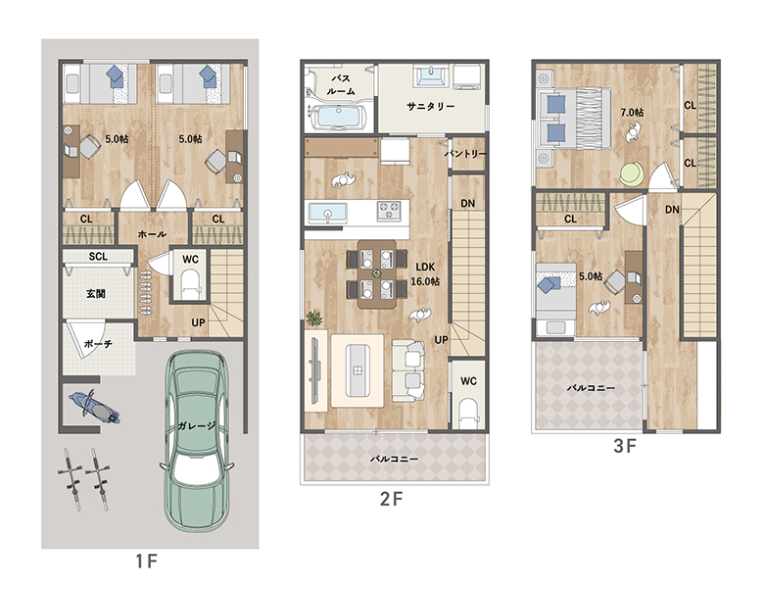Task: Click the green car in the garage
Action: [x=196, y=441]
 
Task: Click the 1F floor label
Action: [x=147, y=562]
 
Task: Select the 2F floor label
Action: [x=391, y=499]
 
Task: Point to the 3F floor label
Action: [x=625, y=446]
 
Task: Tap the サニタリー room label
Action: [x=431, y=106]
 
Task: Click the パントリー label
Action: [x=465, y=154]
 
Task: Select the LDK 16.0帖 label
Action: [x=425, y=274]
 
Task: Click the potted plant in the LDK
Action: [x=313, y=319]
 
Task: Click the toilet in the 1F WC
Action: [x=190, y=285]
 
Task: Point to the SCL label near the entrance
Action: [x=98, y=257]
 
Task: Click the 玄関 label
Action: [x=96, y=294]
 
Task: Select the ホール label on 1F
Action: [x=152, y=234]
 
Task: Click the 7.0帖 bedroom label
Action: [x=632, y=113]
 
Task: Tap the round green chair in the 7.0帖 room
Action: [x=632, y=173]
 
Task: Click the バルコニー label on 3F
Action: [x=591, y=389]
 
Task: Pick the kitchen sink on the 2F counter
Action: [x=327, y=213]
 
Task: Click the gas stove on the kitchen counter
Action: [x=388, y=211]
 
